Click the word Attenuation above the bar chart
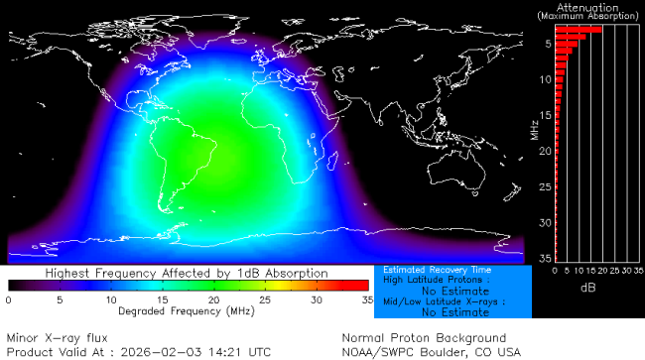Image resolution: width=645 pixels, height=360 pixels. pyautogui.click(x=588, y=7)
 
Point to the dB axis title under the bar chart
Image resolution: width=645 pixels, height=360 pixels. pyautogui.click(x=587, y=288)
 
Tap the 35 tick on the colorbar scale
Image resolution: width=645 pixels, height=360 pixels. pyautogui.click(x=366, y=299)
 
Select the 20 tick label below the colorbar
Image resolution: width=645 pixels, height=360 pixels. pyautogui.click(x=212, y=299)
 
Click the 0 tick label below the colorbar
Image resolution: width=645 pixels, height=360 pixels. pyautogui.click(x=8, y=299)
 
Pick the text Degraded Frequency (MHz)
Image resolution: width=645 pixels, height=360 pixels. pyautogui.click(x=187, y=310)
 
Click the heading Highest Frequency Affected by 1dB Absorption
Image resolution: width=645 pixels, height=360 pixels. pyautogui.click(x=187, y=272)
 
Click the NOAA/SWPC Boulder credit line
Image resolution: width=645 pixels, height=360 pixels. pyautogui.click(x=430, y=351)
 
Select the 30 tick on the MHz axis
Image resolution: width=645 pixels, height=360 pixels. pyautogui.click(x=546, y=222)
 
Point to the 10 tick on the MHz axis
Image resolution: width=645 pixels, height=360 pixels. pyautogui.click(x=546, y=79)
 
